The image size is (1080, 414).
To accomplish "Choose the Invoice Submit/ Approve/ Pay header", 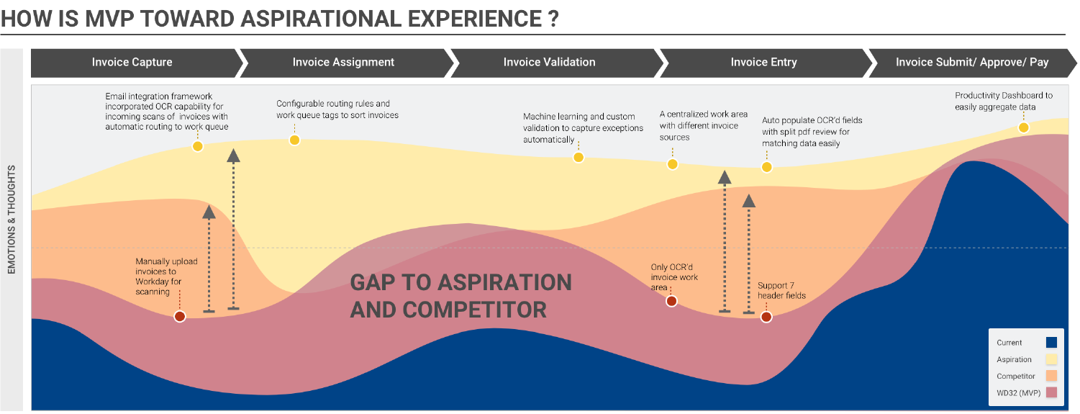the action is pos(972,63).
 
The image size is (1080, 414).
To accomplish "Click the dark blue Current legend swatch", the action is pos(1051,343).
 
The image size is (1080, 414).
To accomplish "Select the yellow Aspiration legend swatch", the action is pos(1051,359).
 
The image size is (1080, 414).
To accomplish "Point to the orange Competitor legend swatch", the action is pos(1051,376).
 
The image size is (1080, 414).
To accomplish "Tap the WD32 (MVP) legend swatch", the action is pos(1051,393).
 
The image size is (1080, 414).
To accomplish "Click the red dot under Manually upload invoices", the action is pos(180,317).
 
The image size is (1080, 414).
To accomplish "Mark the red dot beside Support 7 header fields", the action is pos(766,317).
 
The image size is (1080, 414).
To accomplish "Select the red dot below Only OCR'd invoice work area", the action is pos(671,302).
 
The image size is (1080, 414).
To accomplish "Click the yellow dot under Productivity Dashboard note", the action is pos(1024,128).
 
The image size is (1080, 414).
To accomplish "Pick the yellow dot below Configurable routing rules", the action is pos(294,140).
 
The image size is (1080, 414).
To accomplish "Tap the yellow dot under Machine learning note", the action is pos(578,157).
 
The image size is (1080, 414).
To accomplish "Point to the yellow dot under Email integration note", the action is pos(198,146).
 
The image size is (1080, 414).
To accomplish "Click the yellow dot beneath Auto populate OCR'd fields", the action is pos(766,168).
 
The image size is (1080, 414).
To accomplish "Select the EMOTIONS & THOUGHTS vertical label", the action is pos(12,220).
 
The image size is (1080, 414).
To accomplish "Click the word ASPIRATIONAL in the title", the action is pos(321,19).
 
